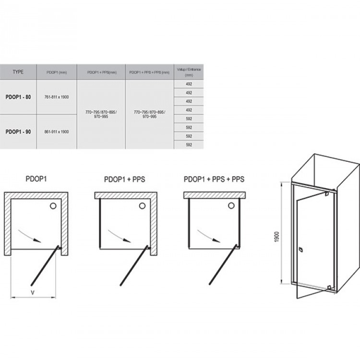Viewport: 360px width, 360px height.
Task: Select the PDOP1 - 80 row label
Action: (18, 97)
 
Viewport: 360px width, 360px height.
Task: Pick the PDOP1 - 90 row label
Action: (18, 132)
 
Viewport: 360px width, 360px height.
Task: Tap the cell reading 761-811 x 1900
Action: (56, 97)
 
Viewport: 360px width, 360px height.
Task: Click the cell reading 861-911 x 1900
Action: (56, 132)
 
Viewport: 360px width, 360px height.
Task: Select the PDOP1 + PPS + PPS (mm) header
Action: (149, 72)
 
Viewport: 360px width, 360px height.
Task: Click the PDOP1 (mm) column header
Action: (56, 72)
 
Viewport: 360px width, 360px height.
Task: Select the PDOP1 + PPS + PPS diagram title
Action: (214, 180)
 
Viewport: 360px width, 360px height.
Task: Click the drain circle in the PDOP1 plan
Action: (52, 206)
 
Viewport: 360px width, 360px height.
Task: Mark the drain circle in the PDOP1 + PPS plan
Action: (142, 206)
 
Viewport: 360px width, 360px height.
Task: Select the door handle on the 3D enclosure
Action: (300, 250)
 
